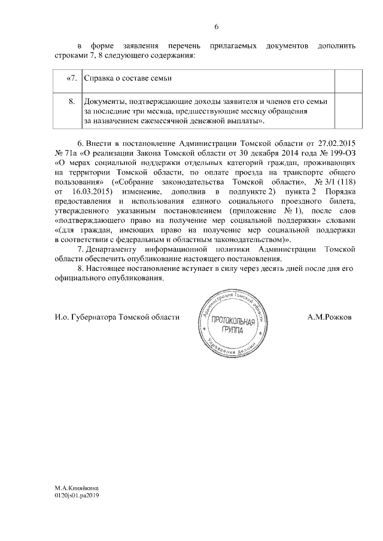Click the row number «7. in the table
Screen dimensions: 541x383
(x=71, y=79)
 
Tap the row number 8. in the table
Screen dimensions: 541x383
(x=72, y=102)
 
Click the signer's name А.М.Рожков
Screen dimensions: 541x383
(x=330, y=317)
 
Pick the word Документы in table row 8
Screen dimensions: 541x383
(x=103, y=102)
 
